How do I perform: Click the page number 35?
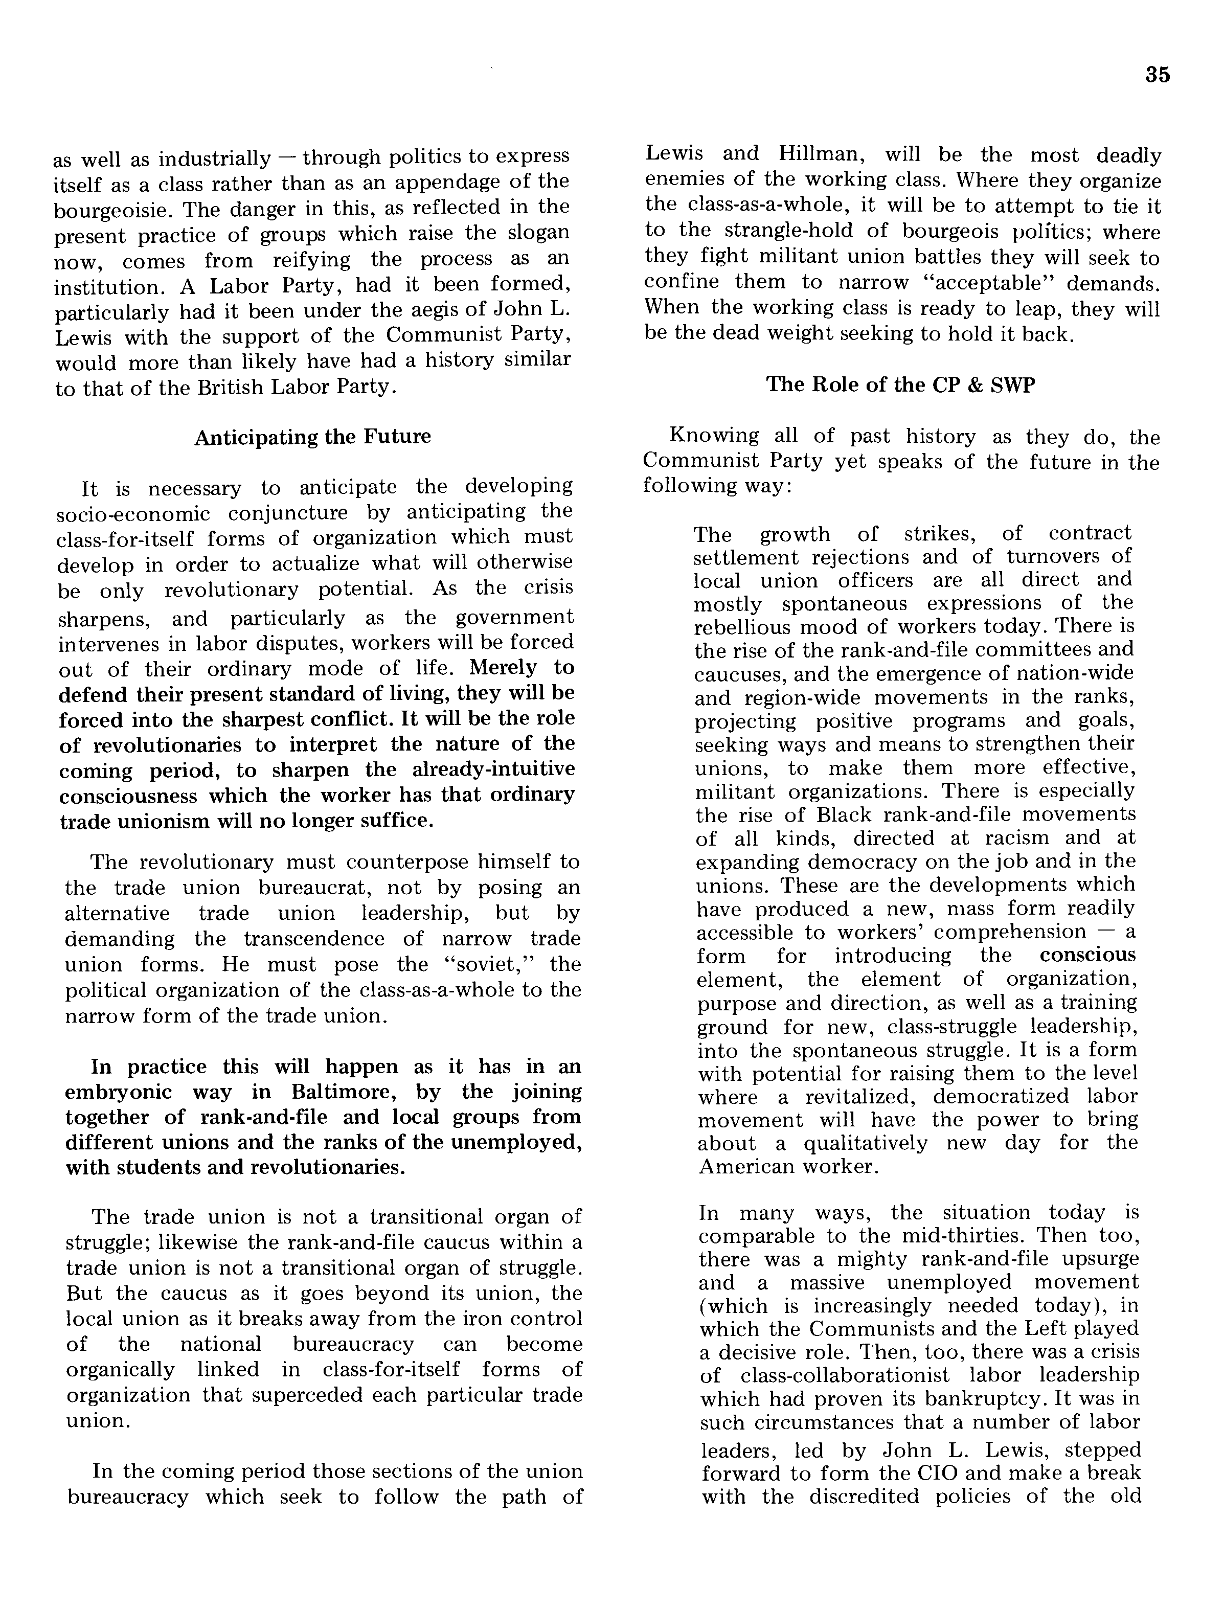pyautogui.click(x=1157, y=75)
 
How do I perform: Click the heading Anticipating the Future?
pyautogui.click(x=312, y=437)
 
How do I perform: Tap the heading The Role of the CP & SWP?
pyautogui.click(x=900, y=384)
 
